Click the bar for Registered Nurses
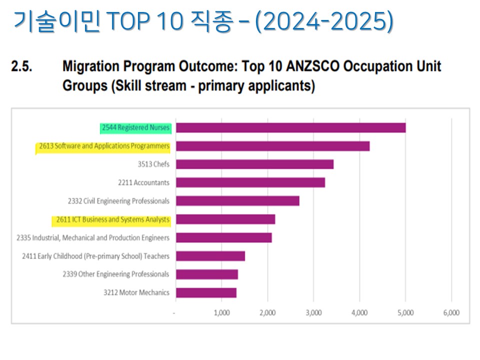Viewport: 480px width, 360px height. click(290, 128)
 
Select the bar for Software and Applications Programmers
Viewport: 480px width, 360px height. click(272, 146)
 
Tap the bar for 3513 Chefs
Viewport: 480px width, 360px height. click(254, 164)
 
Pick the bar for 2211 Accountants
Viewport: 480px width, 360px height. click(250, 182)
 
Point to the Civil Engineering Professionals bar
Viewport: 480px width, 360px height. click(237, 201)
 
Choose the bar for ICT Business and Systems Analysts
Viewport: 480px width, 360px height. click(225, 219)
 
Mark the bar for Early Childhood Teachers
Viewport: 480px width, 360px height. click(210, 256)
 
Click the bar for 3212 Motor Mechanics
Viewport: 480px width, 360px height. click(206, 292)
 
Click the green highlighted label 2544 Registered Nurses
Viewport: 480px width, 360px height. click(135, 128)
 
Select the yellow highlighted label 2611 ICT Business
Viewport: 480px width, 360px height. click(110, 219)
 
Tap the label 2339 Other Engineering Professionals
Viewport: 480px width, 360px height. click(115, 274)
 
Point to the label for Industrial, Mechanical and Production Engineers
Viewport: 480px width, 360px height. click(93, 237)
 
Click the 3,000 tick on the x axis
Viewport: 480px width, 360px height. click(313, 313)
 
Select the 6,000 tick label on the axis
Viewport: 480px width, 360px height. click(451, 313)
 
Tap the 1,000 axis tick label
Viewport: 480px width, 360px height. click(221, 313)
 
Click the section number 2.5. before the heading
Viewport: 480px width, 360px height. click(22, 66)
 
